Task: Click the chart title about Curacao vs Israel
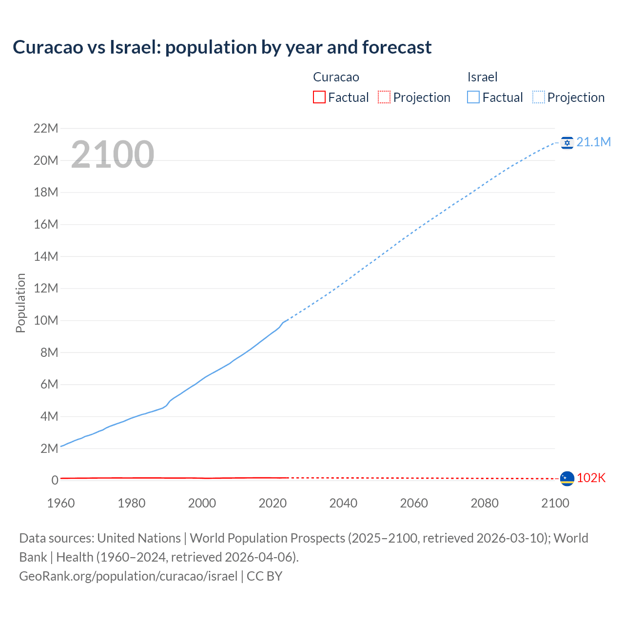[x=222, y=47]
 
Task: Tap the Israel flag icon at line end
[x=567, y=142]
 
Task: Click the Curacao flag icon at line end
[x=567, y=479]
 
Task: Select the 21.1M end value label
[x=593, y=142]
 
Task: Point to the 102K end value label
[x=591, y=478]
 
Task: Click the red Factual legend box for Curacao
[x=319, y=97]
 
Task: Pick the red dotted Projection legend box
[x=384, y=97]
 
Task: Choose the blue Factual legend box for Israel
[x=473, y=97]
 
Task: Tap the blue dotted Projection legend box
[x=539, y=97]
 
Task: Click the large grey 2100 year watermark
[x=113, y=155]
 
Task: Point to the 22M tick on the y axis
[x=46, y=129]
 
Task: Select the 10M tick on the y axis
[x=46, y=321]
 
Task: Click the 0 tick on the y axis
[x=55, y=481]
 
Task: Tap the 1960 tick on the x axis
[x=61, y=503]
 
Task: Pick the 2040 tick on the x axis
[x=343, y=503]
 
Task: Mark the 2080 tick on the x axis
[x=485, y=503]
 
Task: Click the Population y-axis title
[x=20, y=303]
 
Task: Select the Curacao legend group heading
[x=336, y=77]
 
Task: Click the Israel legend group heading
[x=482, y=77]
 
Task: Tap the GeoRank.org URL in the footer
[x=128, y=576]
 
